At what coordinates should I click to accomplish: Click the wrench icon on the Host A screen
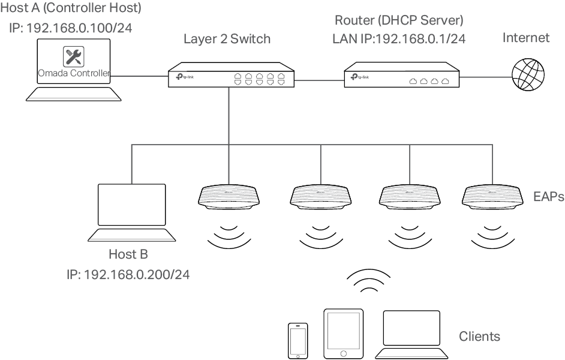[73, 56]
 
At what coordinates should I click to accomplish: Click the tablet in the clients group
[343, 334]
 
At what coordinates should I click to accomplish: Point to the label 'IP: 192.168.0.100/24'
[71, 28]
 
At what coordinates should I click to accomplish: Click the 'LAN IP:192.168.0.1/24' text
[399, 40]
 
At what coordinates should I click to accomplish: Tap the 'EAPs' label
[548, 196]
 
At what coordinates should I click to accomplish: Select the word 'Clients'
[479, 337]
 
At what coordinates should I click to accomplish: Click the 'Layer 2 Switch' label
[227, 40]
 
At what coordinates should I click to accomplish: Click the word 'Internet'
[525, 38]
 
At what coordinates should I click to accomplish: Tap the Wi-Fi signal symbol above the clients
[368, 281]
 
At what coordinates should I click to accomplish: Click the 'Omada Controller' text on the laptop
[73, 73]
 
